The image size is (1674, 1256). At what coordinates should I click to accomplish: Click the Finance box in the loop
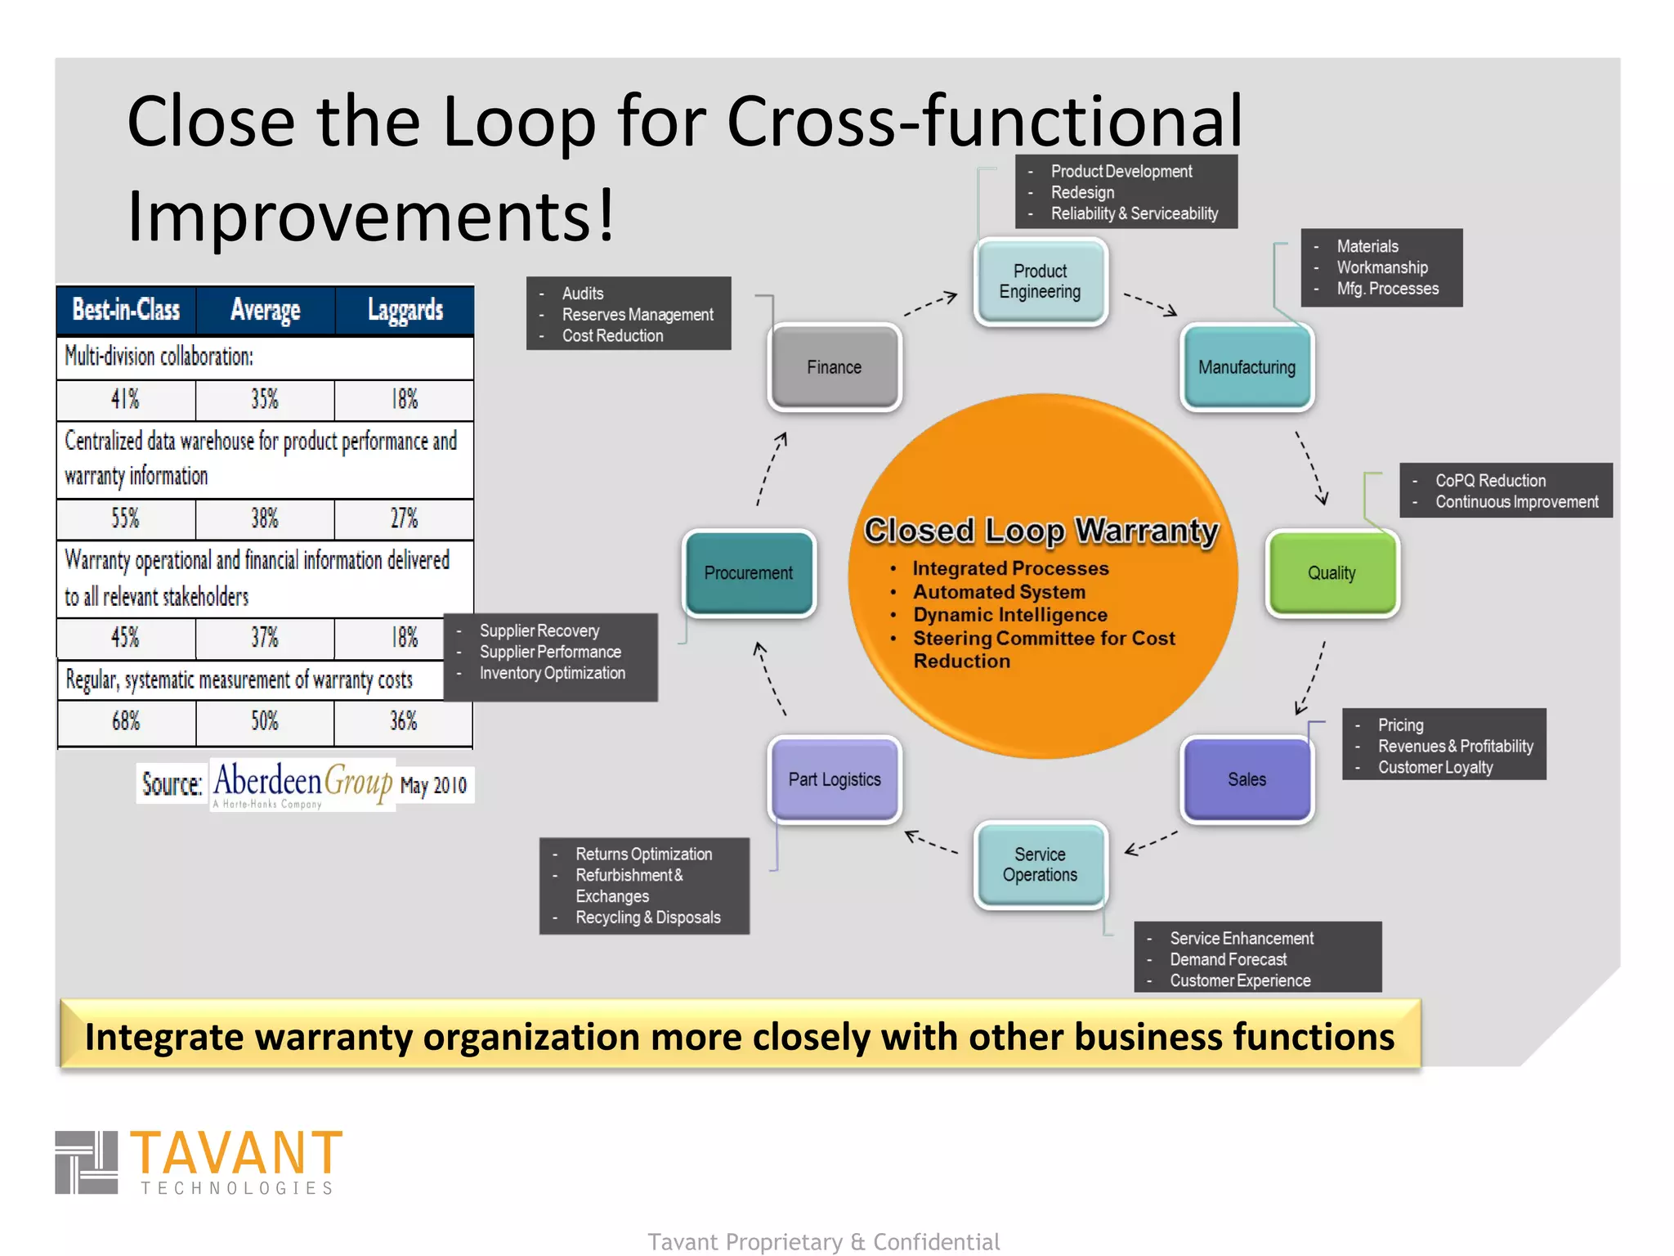[x=834, y=367]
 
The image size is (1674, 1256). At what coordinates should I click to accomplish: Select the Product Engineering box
[x=1040, y=281]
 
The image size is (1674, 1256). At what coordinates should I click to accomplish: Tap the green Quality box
[x=1332, y=572]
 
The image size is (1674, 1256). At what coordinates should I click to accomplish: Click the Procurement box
[x=749, y=572]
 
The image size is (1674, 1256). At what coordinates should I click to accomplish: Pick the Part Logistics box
[x=834, y=779]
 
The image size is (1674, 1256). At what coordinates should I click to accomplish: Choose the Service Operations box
[x=1040, y=864]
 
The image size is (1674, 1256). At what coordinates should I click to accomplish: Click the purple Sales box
[x=1247, y=779]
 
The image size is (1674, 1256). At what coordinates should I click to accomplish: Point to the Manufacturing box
[x=1247, y=367]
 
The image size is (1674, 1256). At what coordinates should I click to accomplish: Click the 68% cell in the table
[x=126, y=721]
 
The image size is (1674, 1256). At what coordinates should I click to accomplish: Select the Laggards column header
[x=405, y=310]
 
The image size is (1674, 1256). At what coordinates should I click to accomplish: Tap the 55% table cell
[x=126, y=518]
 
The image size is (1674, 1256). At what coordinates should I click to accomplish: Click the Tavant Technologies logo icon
[x=87, y=1162]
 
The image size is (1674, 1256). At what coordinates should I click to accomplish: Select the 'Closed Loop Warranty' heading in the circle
[x=1041, y=531]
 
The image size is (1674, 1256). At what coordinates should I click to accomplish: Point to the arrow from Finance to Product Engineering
[x=930, y=304]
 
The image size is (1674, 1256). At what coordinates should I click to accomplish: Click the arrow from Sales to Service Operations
[x=1151, y=843]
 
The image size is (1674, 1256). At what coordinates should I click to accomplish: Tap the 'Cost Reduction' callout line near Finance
[x=612, y=336]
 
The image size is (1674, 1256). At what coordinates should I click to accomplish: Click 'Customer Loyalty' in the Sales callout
[x=1435, y=767]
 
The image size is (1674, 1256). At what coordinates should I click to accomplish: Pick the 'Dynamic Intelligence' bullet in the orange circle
[x=1009, y=615]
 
